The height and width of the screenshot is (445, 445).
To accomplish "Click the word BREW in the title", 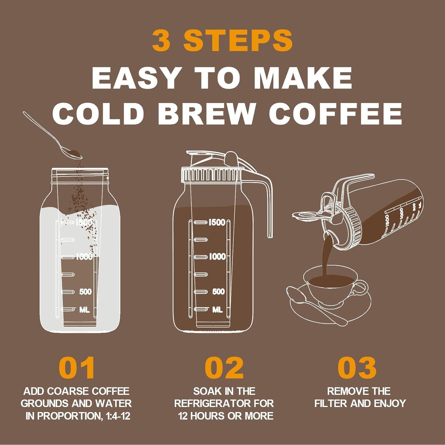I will point(207,113).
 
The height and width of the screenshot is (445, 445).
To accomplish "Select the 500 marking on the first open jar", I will point(85,292).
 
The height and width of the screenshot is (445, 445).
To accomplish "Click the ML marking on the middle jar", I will point(217,310).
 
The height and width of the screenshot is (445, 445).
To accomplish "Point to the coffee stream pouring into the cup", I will point(326,255).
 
